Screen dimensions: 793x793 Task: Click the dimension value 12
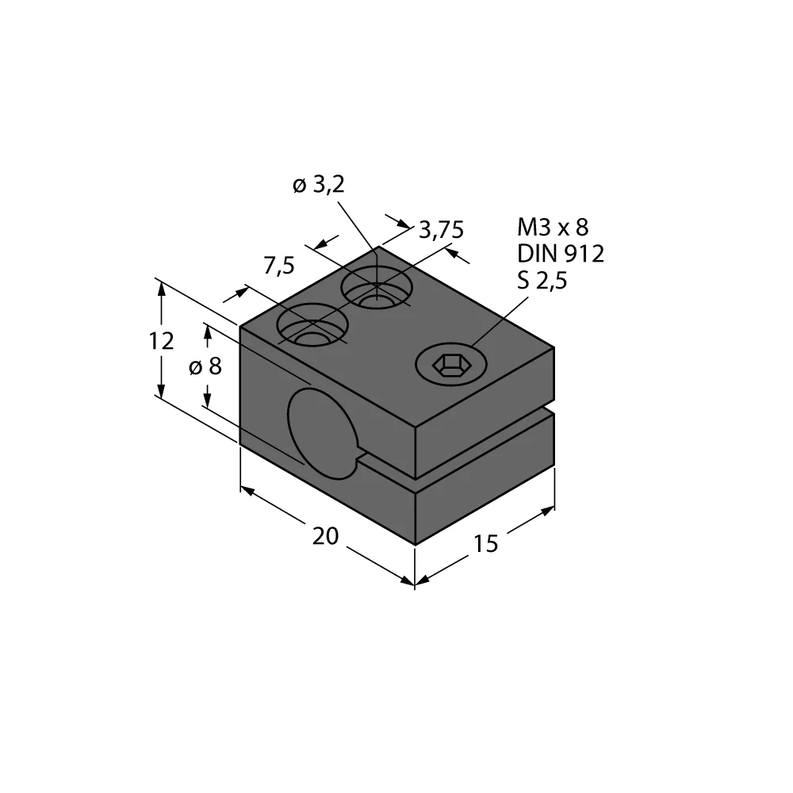tap(161, 341)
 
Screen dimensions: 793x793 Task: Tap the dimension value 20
tap(325, 537)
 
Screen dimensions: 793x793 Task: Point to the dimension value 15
tap(485, 544)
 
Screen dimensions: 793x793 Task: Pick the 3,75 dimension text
tap(441, 230)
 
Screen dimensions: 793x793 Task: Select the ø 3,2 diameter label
tap(319, 186)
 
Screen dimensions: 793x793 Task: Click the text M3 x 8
tap(553, 228)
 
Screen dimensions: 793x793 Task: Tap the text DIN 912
tap(561, 254)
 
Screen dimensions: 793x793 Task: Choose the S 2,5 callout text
tap(543, 280)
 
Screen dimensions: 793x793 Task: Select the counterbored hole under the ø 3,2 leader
tap(377, 287)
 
